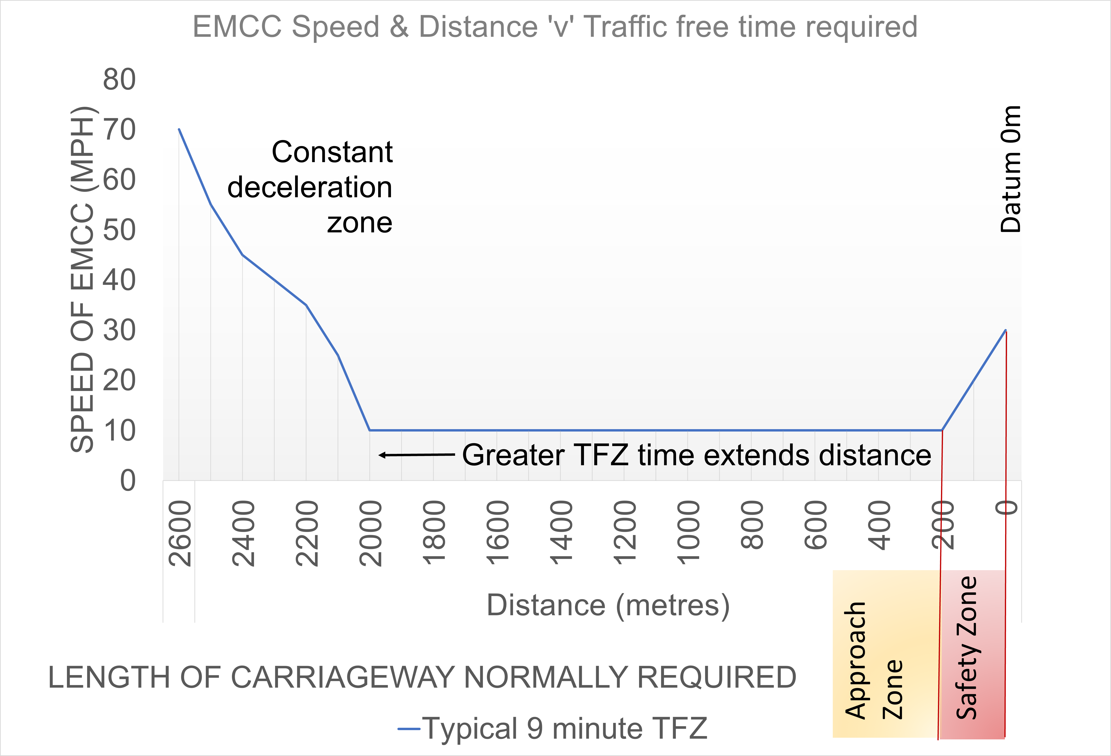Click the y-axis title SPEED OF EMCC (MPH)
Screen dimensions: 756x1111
82,280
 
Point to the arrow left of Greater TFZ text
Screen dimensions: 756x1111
416,455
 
